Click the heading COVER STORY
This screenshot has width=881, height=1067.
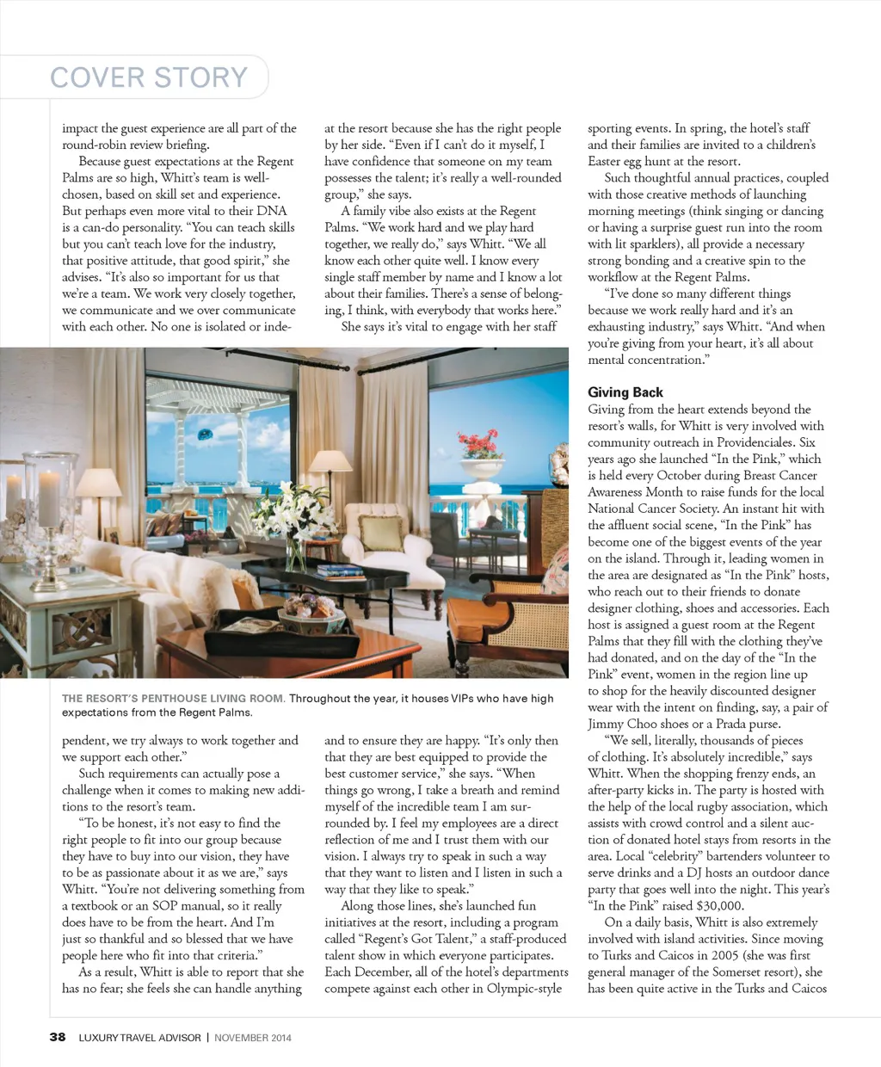[x=149, y=77]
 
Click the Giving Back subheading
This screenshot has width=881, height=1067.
[x=625, y=392]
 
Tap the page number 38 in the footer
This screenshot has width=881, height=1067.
[x=58, y=1037]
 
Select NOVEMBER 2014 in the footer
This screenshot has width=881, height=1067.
[x=253, y=1038]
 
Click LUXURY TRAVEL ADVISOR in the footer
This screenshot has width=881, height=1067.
[x=139, y=1038]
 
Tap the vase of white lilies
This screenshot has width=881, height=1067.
[x=294, y=516]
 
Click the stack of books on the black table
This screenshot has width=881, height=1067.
[x=340, y=570]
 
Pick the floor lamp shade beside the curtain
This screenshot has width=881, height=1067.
[x=330, y=461]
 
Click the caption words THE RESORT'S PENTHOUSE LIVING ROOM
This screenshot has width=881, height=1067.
[x=172, y=699]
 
